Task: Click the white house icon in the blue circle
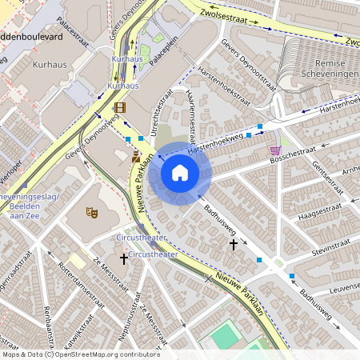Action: click(x=180, y=173)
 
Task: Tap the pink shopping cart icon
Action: click(x=275, y=150)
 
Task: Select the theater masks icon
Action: click(x=92, y=213)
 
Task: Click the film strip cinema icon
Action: click(x=120, y=107)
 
